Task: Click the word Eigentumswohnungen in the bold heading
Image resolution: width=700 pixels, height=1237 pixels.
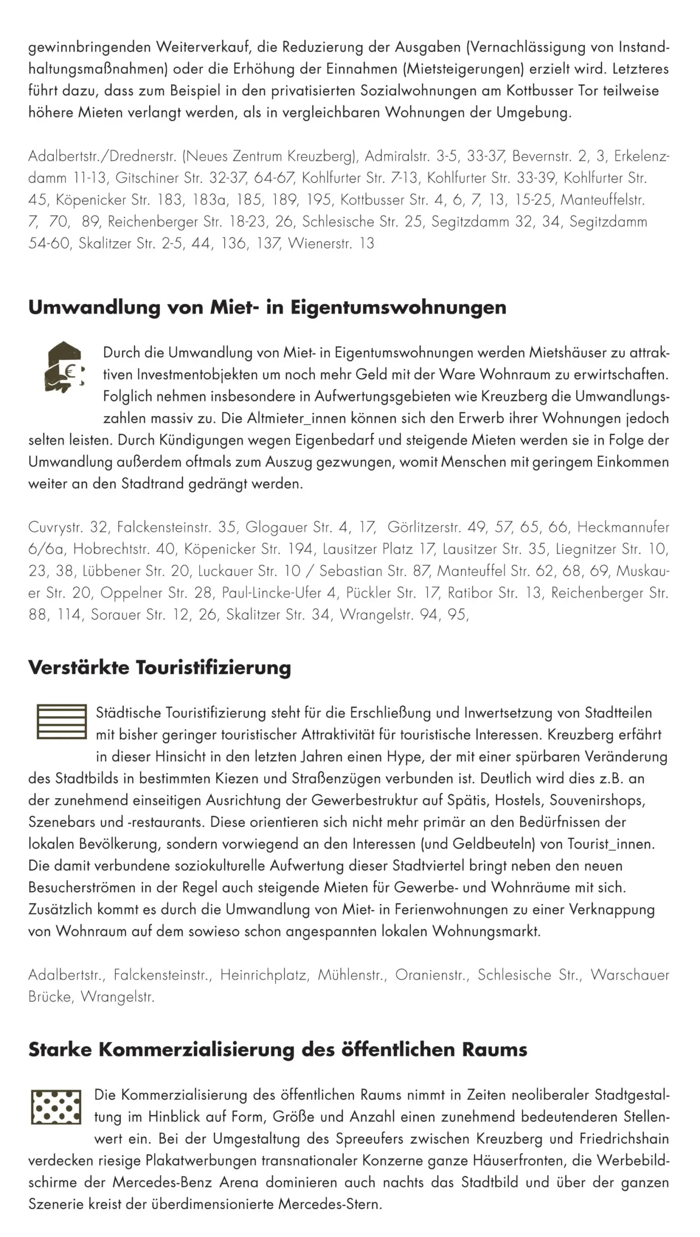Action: coord(398,308)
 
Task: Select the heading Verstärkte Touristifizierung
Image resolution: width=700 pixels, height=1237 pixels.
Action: coord(159,668)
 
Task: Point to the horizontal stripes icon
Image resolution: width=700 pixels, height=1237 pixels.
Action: coord(61,722)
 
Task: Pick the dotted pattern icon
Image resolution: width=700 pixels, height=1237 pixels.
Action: coord(56,1107)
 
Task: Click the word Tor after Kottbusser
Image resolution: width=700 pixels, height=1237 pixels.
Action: coord(588,91)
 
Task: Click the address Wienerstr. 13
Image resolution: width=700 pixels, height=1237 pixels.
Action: coord(331,244)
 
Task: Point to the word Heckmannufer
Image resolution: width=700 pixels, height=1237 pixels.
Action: coord(623,527)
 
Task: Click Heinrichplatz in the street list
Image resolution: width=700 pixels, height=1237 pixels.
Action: coord(264,975)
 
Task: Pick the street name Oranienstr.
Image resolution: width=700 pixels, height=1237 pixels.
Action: coord(432,975)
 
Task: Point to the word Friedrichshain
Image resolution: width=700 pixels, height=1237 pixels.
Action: coord(624,1139)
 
